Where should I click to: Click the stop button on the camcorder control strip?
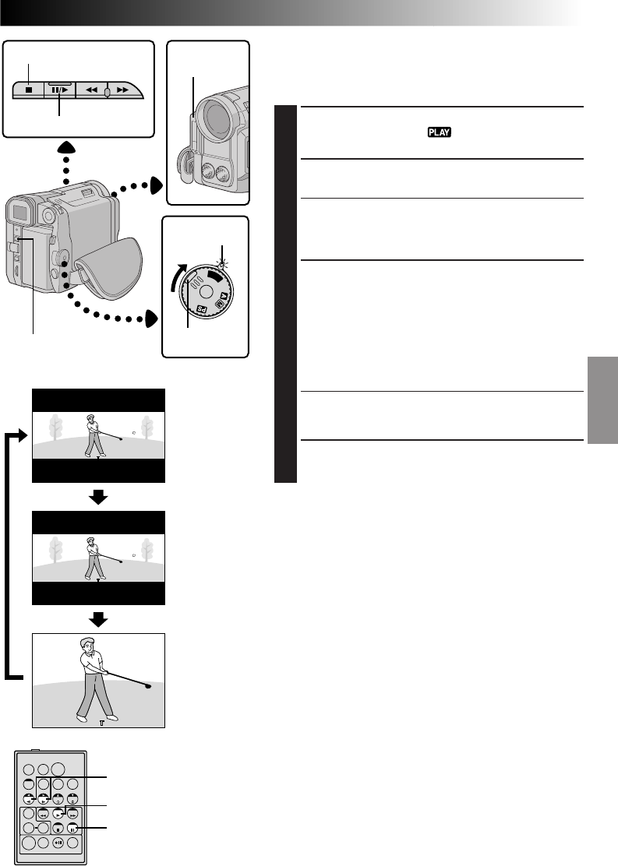coord(28,89)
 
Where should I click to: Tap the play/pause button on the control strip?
coord(59,90)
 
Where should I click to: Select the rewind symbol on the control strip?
coord(92,90)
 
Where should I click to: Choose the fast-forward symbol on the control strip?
coord(122,90)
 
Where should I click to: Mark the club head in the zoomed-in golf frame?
coord(147,686)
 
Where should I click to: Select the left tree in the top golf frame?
coord(55,427)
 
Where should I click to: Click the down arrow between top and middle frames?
coord(98,496)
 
